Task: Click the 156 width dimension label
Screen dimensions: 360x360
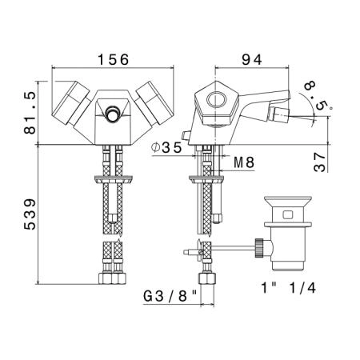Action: coord(114,59)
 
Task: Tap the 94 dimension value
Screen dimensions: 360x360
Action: coord(252,59)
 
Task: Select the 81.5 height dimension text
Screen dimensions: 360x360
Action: coord(30,113)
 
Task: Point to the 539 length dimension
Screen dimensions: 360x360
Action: coord(30,214)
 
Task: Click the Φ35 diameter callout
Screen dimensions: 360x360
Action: coord(166,147)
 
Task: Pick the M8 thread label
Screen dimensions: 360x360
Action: coord(244,162)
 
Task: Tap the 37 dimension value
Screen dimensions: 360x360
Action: coord(320,162)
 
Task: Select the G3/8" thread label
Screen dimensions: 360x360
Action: coord(170,296)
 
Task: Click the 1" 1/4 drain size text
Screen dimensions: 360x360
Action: coord(289,288)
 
